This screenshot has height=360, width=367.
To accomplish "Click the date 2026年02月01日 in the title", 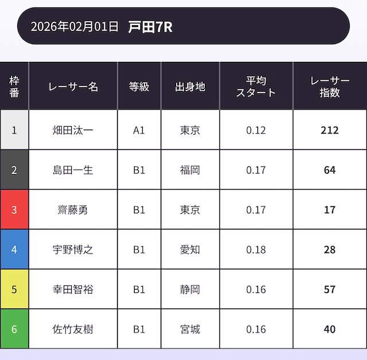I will (75, 26).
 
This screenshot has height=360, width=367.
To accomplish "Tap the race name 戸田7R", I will (150, 26).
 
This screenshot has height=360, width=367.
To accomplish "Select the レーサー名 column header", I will (73, 87).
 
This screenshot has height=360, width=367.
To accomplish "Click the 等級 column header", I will (139, 87).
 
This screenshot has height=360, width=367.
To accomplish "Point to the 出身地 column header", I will (190, 87).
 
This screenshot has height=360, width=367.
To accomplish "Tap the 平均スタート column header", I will (256, 87).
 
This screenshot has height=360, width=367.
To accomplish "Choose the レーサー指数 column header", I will (330, 87).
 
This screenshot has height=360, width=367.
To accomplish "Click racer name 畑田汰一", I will (73, 130).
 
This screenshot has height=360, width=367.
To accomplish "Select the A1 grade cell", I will (139, 130).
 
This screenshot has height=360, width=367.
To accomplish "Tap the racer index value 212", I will (330, 130).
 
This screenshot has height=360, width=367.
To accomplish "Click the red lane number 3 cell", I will (14, 210).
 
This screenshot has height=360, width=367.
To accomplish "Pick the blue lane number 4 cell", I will (14, 250).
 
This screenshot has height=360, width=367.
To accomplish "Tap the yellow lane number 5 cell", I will (14, 289).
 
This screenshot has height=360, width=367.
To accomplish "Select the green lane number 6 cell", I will (14, 330).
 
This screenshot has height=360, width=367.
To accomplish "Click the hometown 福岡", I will (190, 170).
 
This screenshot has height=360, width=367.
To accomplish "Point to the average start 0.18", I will (256, 250).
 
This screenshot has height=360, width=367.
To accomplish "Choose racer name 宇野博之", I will (73, 250).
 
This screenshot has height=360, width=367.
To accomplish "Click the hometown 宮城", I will (190, 330).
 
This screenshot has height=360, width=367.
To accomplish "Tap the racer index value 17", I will (330, 210).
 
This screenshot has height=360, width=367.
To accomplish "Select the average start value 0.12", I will (256, 130).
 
